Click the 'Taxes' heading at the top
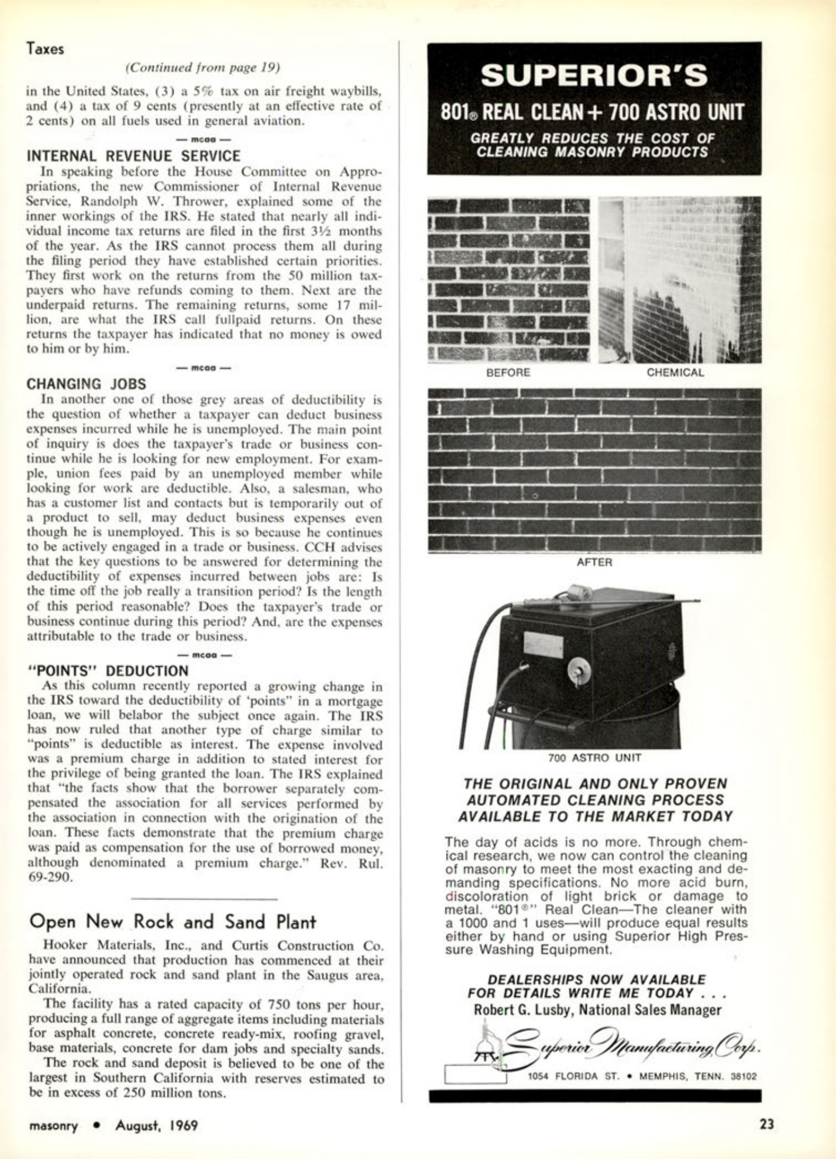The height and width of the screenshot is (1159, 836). [x=45, y=49]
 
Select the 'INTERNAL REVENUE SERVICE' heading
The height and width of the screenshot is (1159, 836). [x=134, y=156]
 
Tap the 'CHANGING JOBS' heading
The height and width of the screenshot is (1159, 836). [x=86, y=384]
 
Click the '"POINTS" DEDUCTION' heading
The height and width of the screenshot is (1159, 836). [x=109, y=671]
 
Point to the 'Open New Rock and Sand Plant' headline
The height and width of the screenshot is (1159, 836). [x=173, y=921]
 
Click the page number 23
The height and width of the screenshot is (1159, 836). [x=766, y=1124]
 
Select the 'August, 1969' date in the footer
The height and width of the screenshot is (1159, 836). [x=157, y=1125]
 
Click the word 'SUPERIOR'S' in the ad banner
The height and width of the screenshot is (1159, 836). [x=594, y=76]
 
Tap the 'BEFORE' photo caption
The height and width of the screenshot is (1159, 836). [x=508, y=373]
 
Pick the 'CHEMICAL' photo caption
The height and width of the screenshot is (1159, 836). [x=675, y=373]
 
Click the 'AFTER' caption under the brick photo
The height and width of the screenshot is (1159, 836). [x=594, y=562]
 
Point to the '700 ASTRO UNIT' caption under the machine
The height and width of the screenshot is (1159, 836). [x=594, y=757]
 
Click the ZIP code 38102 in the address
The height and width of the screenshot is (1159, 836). [x=744, y=1076]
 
